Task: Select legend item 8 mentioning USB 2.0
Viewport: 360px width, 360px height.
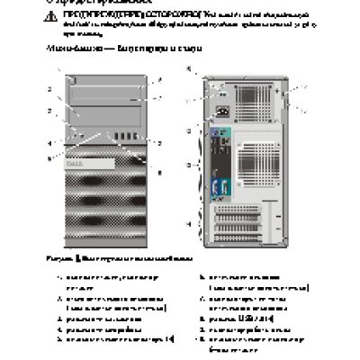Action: tap(243, 319)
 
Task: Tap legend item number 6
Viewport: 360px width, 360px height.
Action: tap(243, 281)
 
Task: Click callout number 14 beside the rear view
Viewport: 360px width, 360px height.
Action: tap(188, 221)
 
